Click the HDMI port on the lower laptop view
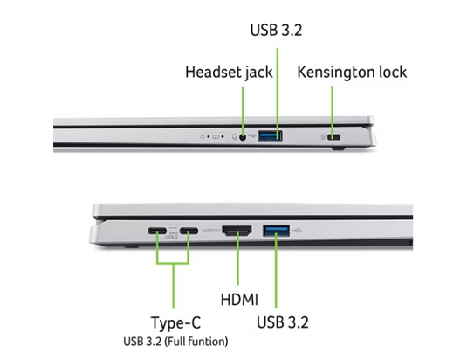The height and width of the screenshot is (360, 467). click(238, 231)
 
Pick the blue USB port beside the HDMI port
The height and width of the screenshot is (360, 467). click(275, 231)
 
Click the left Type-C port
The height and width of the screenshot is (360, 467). click(157, 232)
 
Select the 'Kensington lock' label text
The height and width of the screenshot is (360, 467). click(352, 73)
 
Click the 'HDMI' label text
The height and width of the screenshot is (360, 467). click(238, 300)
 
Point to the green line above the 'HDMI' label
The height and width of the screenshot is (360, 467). click(238, 262)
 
